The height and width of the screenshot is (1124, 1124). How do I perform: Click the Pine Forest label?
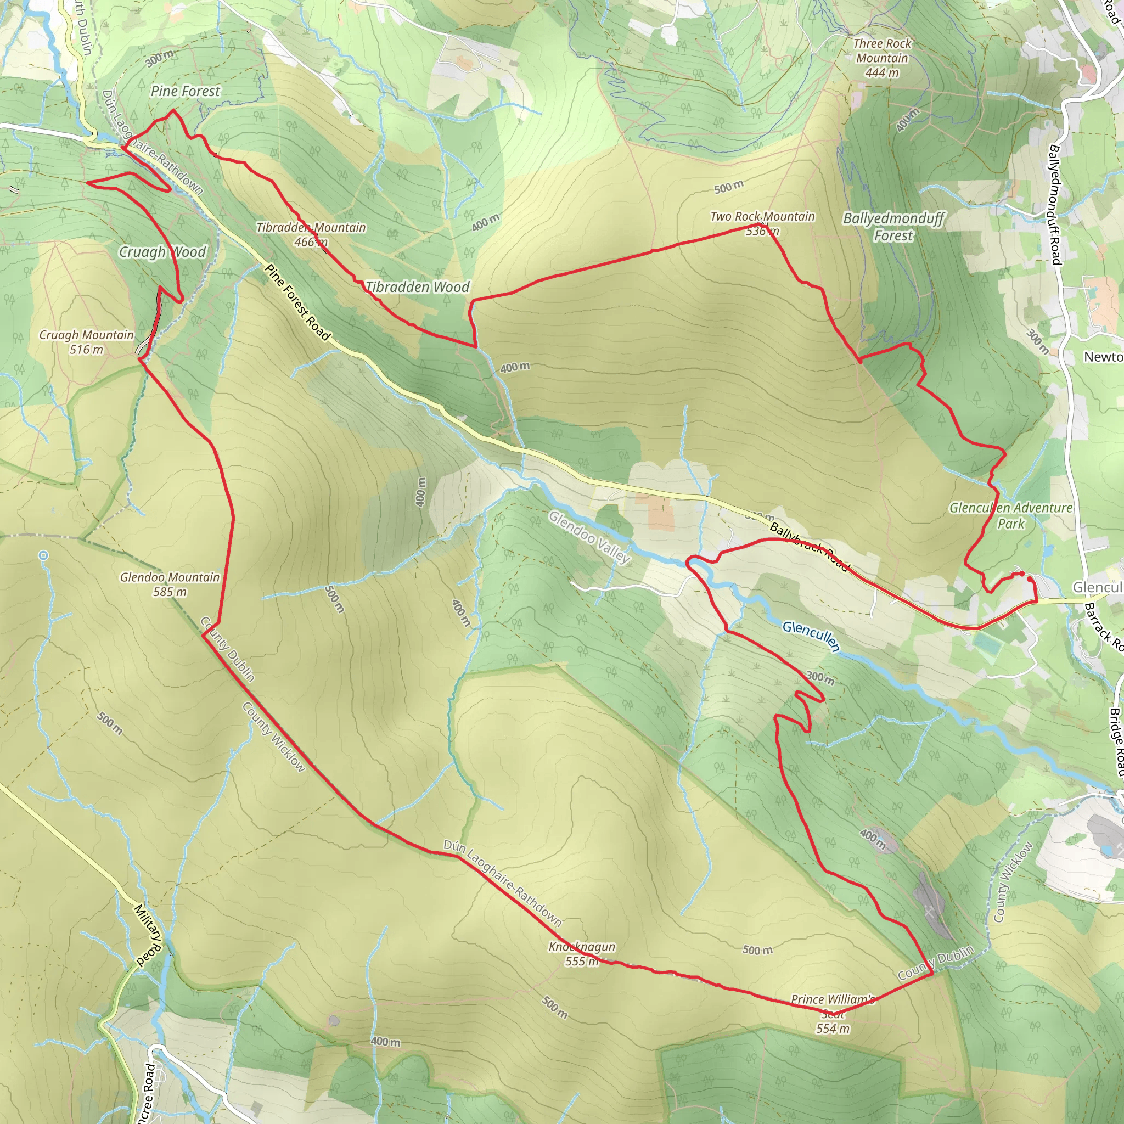click(185, 91)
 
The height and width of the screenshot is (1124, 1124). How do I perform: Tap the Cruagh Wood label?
click(162, 252)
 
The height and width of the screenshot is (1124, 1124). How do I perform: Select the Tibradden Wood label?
click(417, 287)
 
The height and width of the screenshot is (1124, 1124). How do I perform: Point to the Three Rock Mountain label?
click(882, 50)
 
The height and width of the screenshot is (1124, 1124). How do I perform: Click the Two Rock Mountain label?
click(762, 217)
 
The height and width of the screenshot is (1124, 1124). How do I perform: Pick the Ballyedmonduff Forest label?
click(893, 227)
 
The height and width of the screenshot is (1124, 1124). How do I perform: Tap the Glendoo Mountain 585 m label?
click(170, 584)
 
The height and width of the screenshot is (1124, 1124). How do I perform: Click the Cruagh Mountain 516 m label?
click(86, 342)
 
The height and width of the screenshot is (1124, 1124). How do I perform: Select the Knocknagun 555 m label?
click(582, 953)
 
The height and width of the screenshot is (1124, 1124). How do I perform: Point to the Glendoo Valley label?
click(589, 537)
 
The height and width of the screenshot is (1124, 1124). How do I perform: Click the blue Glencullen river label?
click(811, 636)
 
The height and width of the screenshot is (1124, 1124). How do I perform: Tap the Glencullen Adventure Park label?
click(1010, 515)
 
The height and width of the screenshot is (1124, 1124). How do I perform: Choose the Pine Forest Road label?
click(297, 302)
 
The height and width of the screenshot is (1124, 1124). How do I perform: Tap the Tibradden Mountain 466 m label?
click(311, 234)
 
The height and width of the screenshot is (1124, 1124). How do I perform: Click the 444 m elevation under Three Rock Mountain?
click(882, 73)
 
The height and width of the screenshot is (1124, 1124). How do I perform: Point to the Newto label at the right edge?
click(1103, 357)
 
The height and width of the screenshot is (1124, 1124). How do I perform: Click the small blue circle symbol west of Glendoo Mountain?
click(44, 555)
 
